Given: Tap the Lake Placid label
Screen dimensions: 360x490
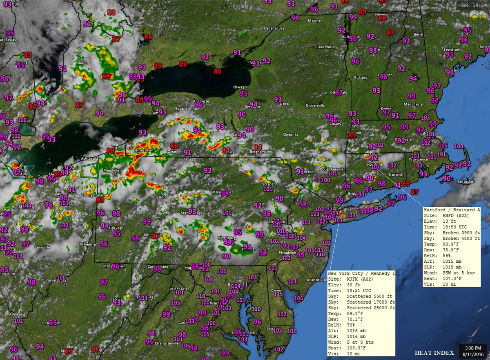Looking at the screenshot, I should [325, 47].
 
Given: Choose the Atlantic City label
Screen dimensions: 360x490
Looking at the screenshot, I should [317, 280].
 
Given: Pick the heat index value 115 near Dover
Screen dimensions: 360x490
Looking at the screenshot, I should [278, 294].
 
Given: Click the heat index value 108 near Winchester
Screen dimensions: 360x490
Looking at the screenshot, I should [208, 280].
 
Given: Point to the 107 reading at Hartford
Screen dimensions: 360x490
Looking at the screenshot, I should [376, 167].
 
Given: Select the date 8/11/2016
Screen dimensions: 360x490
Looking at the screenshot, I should [472, 354].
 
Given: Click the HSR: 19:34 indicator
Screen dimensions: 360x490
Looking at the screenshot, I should [472, 5].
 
